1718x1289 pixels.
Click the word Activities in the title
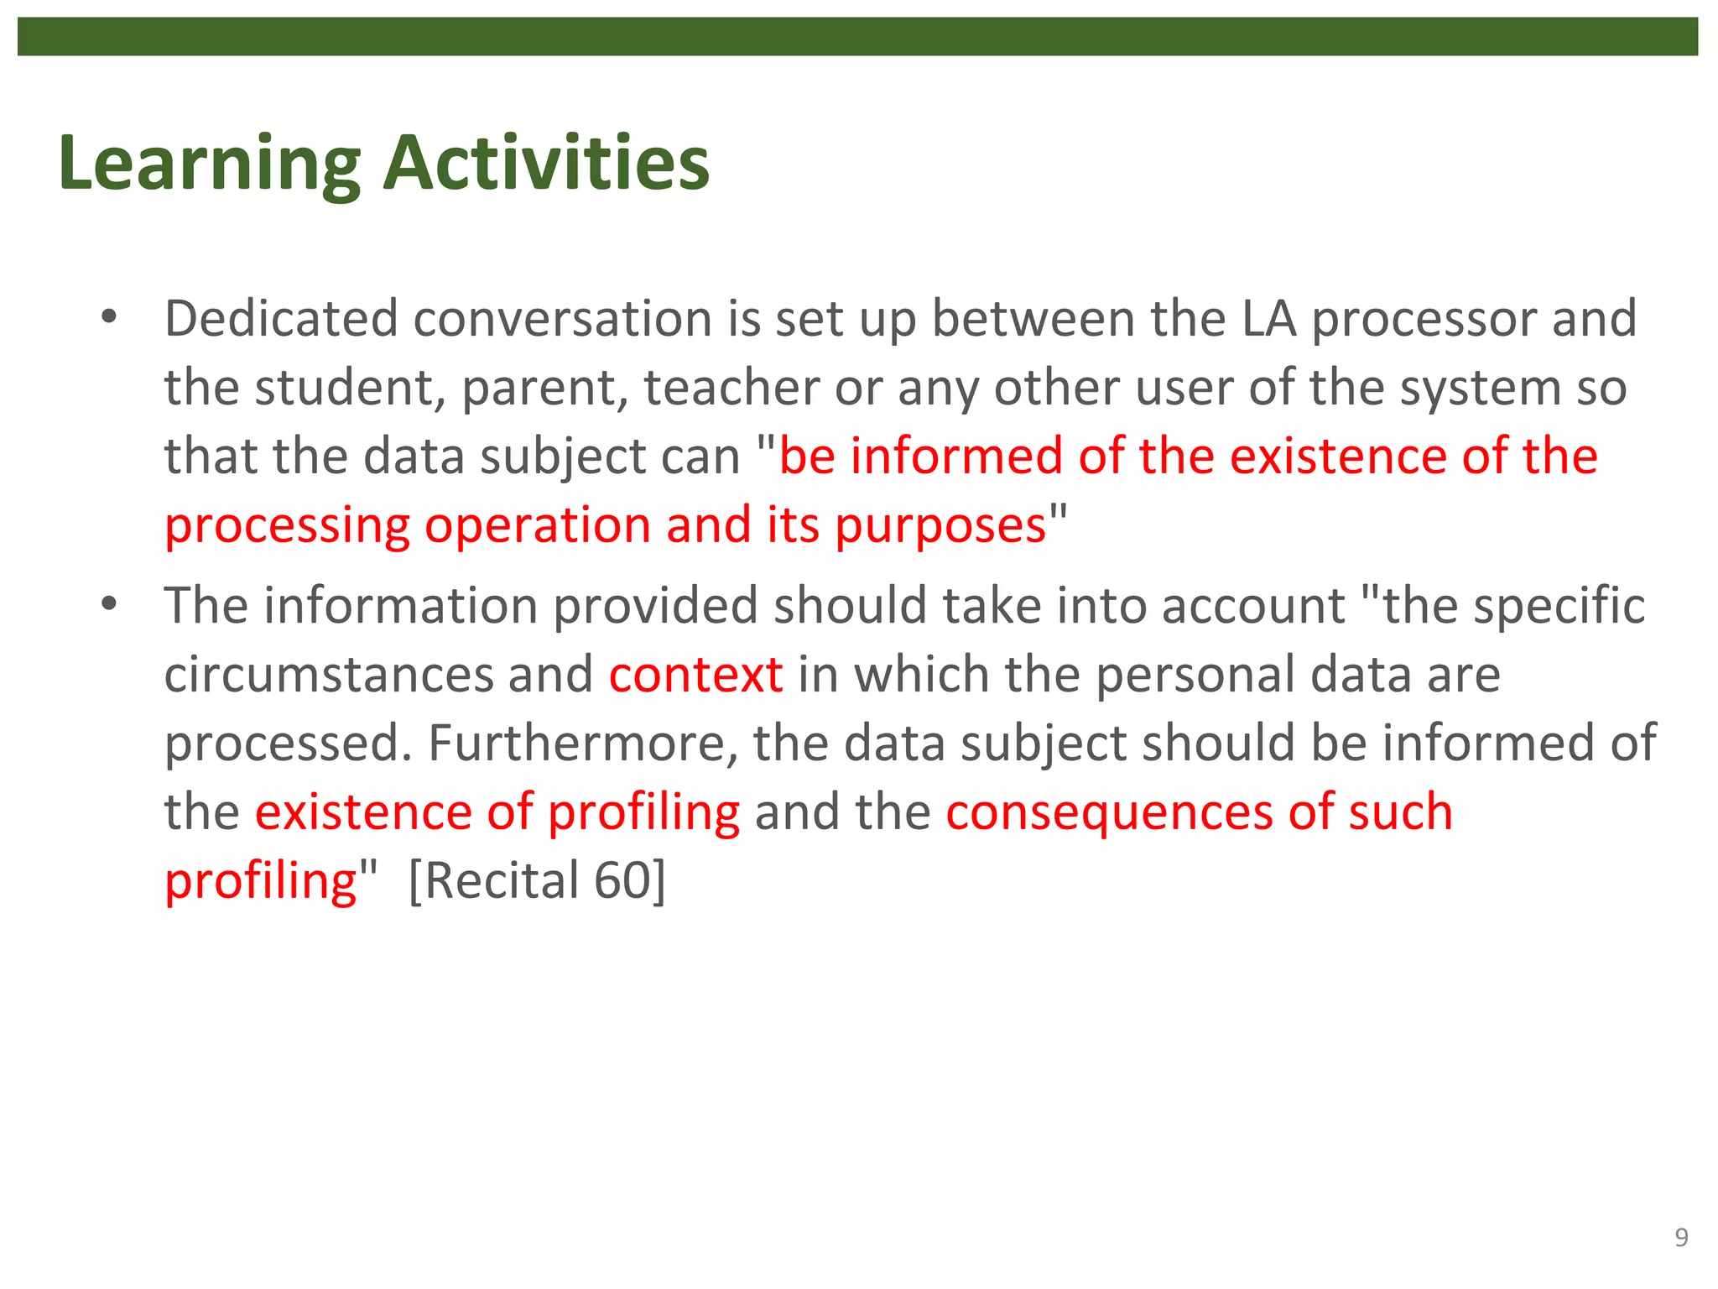coord(546,163)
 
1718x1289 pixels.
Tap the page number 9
coord(1681,1238)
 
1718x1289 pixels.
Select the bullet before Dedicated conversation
coord(108,318)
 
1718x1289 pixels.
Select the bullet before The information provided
coord(108,604)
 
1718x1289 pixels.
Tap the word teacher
coord(731,389)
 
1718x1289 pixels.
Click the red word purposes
coord(940,527)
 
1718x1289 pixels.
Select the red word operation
coord(537,527)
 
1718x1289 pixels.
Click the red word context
coord(695,675)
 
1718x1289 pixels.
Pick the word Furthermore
coord(583,744)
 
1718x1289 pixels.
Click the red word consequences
coord(1109,812)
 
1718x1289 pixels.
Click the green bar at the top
coord(857,36)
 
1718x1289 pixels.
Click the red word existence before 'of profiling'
coord(363,812)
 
